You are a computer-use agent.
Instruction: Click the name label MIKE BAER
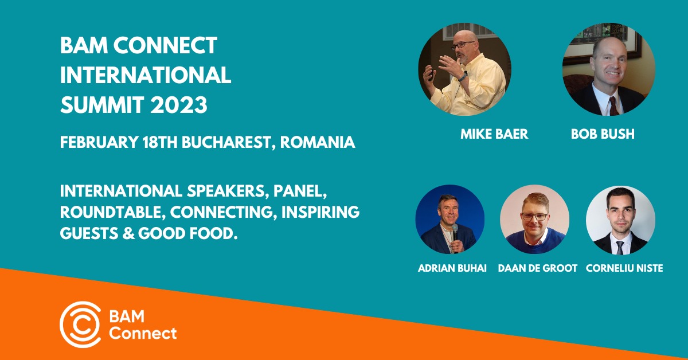494,134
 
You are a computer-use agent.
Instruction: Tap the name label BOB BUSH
603,134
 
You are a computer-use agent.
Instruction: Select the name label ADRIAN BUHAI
452,268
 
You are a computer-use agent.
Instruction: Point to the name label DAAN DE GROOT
538,268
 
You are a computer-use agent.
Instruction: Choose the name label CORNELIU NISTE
624,268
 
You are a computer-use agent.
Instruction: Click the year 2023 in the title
179,105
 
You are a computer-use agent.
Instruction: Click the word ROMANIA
318,142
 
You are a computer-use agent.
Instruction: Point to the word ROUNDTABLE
111,212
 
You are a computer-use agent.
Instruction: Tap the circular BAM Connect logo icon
80,324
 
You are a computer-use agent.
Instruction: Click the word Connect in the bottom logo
143,334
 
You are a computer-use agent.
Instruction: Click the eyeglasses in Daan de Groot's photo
534,217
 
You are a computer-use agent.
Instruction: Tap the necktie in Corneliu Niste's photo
620,248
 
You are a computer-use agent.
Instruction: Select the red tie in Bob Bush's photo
614,106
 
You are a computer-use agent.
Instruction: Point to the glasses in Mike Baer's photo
462,45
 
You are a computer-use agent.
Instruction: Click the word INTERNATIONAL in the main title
146,75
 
